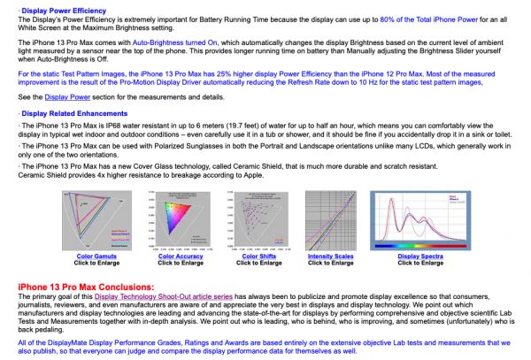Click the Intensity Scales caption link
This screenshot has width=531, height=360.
(x=331, y=257)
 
